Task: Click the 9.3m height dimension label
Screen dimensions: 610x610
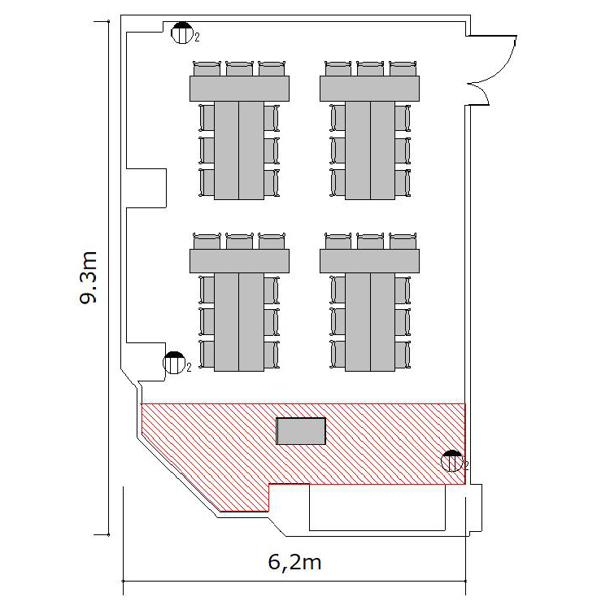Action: click(88, 277)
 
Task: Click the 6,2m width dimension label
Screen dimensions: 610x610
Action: click(295, 563)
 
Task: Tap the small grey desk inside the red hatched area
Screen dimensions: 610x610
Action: click(301, 431)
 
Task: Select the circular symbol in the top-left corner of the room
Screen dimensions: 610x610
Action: click(182, 33)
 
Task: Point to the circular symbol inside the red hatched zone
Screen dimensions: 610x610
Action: click(452, 461)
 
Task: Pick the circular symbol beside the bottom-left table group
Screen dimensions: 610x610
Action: click(174, 363)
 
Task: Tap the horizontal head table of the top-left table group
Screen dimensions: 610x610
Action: click(239, 89)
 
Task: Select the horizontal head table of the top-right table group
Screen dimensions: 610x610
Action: click(369, 89)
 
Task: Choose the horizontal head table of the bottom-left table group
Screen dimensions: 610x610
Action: click(239, 261)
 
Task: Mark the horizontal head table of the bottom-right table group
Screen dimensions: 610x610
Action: click(369, 261)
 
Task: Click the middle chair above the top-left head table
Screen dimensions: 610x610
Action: click(239, 68)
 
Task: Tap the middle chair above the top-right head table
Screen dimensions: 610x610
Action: click(370, 68)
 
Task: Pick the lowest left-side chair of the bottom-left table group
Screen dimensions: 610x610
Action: click(207, 355)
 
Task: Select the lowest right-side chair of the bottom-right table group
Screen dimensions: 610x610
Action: click(403, 355)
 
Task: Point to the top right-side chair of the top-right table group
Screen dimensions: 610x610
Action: click(403, 118)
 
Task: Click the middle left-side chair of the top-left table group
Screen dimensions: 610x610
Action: click(207, 150)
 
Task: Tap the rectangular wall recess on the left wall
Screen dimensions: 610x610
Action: click(146, 189)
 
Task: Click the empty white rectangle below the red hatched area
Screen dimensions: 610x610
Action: click(377, 508)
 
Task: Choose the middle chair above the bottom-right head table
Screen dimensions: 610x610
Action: click(370, 242)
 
